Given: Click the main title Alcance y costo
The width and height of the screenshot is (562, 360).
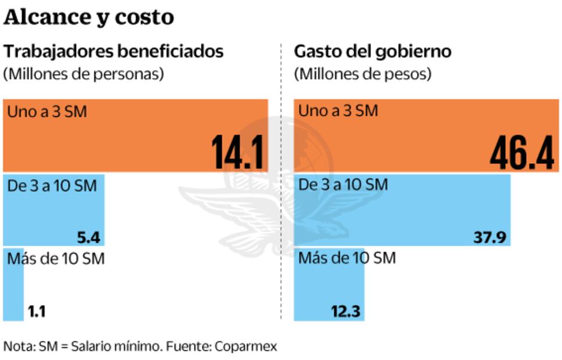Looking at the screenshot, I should click(x=89, y=17).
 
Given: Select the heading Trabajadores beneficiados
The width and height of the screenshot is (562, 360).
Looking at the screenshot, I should click(x=114, y=52).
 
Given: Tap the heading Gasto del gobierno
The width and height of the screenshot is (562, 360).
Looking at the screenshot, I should click(x=373, y=52).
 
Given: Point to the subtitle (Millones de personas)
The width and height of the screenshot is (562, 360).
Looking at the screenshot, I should click(x=84, y=74).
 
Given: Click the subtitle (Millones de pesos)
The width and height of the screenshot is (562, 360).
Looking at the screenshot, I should click(x=363, y=74).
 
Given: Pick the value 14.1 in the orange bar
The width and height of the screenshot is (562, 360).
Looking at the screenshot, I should click(x=238, y=153).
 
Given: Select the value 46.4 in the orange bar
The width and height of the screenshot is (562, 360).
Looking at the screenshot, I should click(x=521, y=153).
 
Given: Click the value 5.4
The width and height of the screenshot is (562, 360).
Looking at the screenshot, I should click(x=89, y=237).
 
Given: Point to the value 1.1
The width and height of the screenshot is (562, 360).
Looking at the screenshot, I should click(x=36, y=312).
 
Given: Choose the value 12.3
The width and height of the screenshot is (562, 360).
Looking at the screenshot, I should click(x=346, y=312).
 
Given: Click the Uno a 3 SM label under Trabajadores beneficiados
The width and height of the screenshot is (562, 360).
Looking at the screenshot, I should click(x=47, y=111).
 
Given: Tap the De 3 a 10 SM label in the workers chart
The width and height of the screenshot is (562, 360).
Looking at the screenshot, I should click(x=52, y=186).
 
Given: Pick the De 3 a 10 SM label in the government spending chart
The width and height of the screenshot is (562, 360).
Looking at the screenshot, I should click(x=343, y=185).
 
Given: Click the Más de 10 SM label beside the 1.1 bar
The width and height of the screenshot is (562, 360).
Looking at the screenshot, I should click(x=56, y=259).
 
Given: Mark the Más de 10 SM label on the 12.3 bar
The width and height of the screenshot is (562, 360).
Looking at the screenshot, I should click(x=347, y=258).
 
